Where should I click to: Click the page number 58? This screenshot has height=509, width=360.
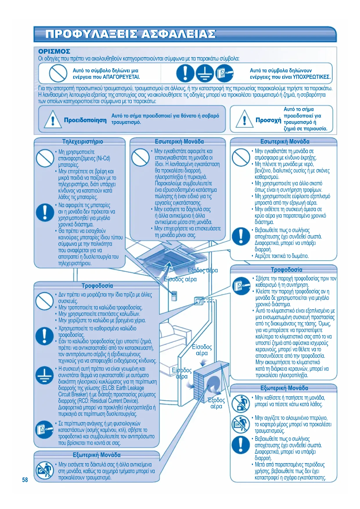(25, 480)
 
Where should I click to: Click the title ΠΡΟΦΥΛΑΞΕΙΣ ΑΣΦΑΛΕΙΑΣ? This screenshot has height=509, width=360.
(131, 34)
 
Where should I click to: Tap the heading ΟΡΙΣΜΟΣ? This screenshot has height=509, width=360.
(54, 51)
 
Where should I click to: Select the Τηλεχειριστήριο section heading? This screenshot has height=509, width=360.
(82, 142)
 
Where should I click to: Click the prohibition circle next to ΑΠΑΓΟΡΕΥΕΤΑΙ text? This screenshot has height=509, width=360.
(58, 73)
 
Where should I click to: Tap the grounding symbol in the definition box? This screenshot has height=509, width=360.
(205, 73)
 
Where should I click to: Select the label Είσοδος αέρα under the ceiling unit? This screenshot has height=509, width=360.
(180, 279)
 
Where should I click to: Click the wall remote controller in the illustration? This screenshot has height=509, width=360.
(174, 296)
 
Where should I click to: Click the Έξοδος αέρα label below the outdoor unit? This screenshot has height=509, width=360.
(216, 403)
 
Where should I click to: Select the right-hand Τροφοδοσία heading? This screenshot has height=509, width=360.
(286, 270)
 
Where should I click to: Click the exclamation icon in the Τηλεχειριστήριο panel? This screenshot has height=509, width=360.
(45, 212)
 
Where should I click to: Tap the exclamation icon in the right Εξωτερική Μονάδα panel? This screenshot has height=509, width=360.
(240, 445)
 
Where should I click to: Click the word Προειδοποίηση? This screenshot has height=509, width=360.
(85, 120)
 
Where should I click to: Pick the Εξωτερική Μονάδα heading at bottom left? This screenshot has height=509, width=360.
(97, 455)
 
